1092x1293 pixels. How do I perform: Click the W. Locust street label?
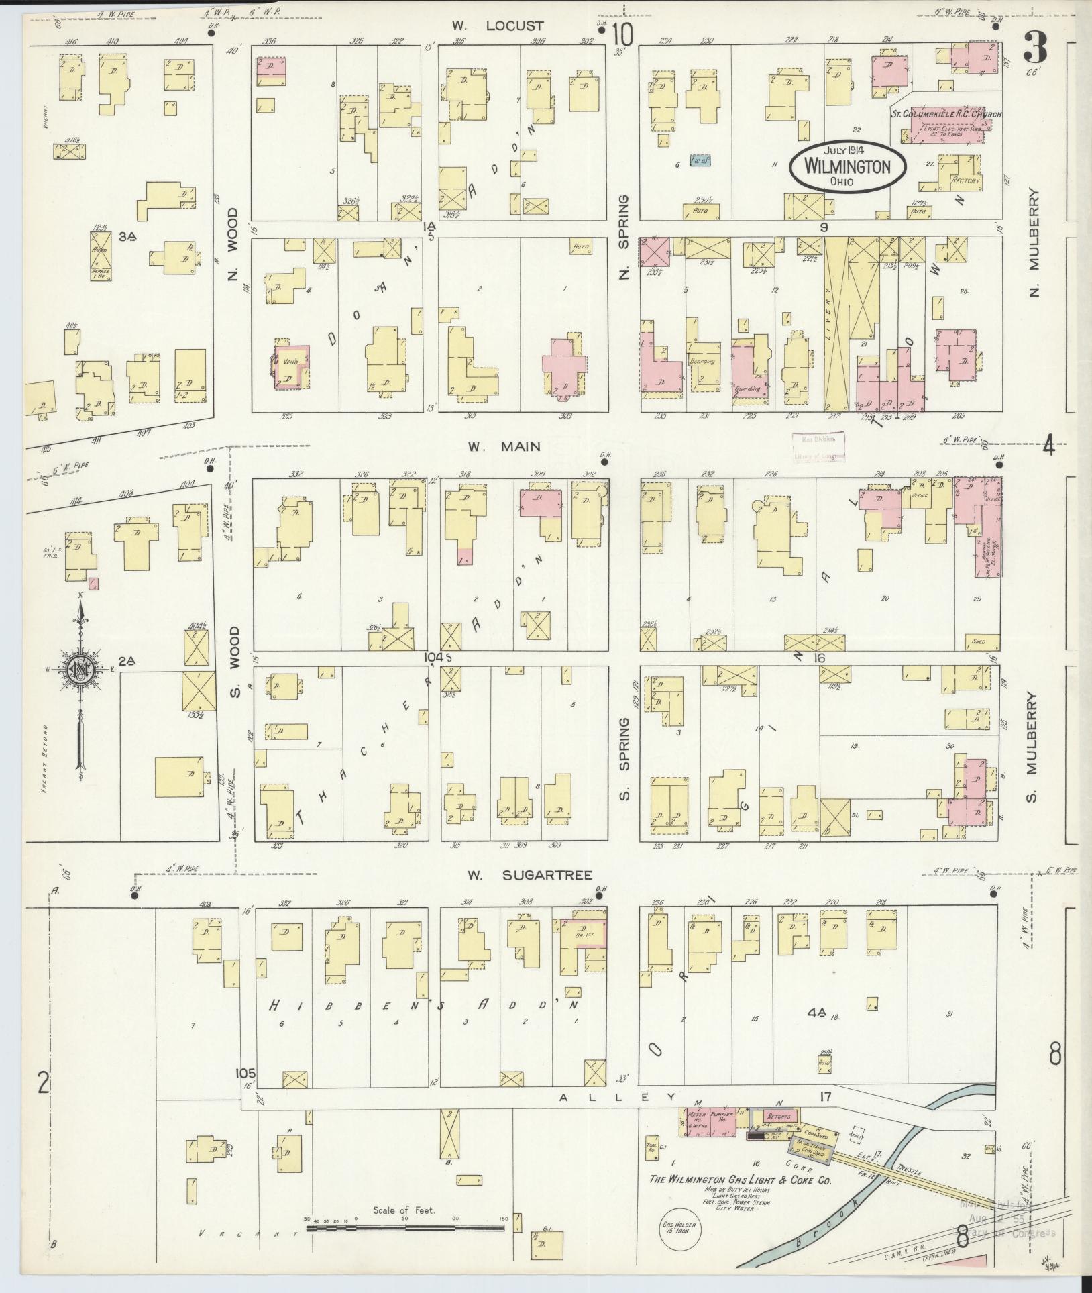(x=506, y=26)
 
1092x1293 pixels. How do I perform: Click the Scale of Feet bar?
(x=404, y=1228)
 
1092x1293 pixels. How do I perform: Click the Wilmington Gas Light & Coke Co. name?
(x=739, y=1180)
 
